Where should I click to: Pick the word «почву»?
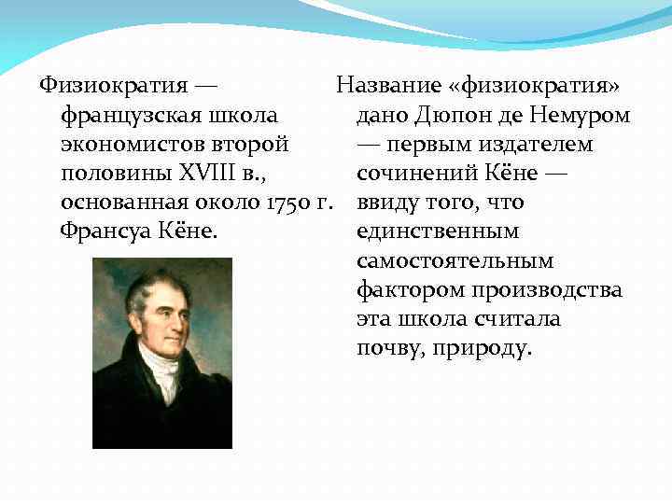pos(386,349)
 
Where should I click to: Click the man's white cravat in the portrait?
pos(165,373)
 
